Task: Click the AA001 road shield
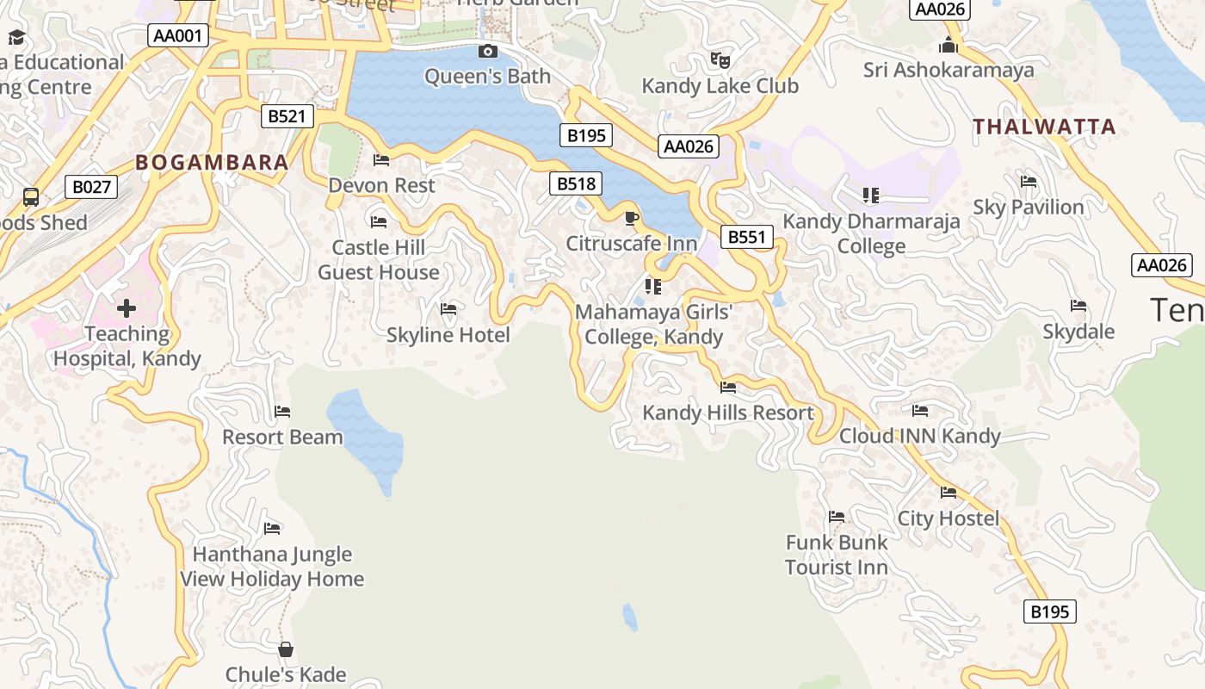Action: [178, 35]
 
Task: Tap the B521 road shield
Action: [287, 116]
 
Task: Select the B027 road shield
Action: [90, 187]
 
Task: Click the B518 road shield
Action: [576, 183]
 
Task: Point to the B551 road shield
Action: [746, 237]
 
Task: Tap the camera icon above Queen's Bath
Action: [488, 52]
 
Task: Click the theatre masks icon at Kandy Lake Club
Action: [720, 60]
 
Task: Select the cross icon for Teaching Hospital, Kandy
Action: [127, 308]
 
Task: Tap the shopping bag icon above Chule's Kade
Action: [286, 649]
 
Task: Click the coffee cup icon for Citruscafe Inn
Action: [631, 218]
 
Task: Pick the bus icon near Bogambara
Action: [31, 197]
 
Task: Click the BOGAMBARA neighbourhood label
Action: [212, 163]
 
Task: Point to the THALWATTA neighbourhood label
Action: [1044, 127]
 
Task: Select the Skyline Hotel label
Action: [448, 335]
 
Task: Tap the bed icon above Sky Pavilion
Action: [1028, 182]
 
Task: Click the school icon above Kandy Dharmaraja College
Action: [871, 196]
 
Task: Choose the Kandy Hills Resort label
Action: [728, 413]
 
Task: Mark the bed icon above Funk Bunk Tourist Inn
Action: [836, 517]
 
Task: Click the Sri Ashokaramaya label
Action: [949, 70]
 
